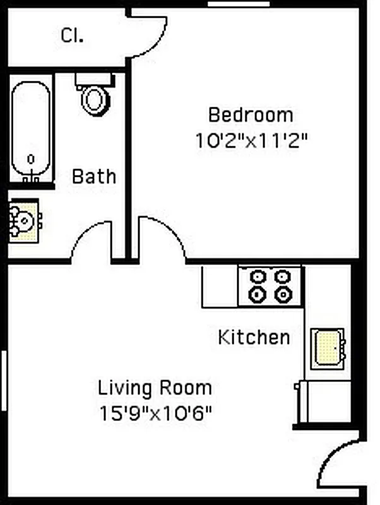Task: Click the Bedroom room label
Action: (251, 115)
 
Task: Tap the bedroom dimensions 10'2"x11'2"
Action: (251, 140)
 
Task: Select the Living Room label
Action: (155, 387)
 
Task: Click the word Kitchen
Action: (254, 337)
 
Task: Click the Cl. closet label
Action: (73, 36)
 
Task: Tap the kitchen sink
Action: (328, 348)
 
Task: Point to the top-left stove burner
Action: (258, 276)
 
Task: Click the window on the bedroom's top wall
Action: (230, 5)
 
